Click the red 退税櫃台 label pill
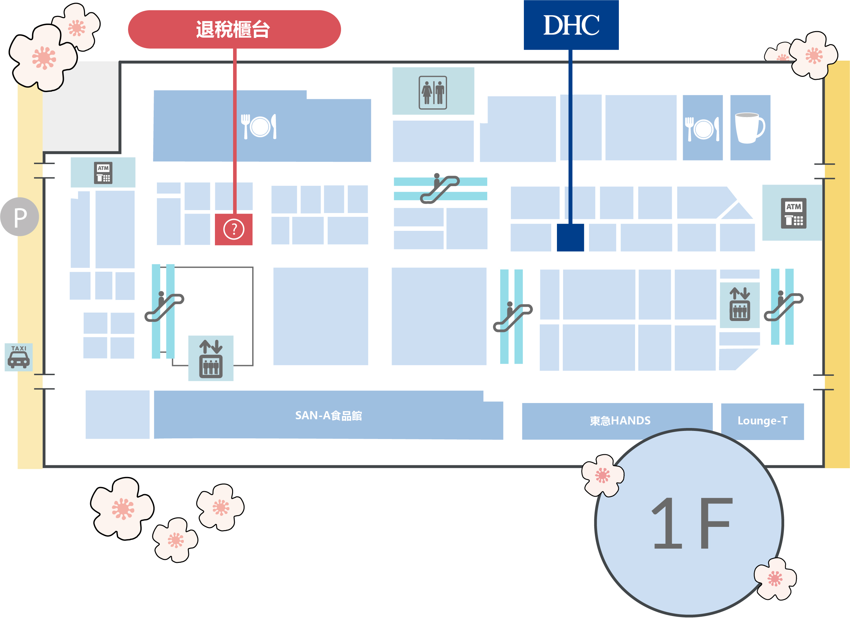click(x=234, y=29)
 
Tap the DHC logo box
click(x=571, y=25)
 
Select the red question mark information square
click(x=233, y=229)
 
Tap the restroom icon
click(x=433, y=92)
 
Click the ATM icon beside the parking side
click(x=103, y=173)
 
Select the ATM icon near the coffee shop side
click(x=793, y=213)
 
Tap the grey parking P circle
click(x=19, y=217)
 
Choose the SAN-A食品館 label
click(x=328, y=416)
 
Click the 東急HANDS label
click(x=620, y=421)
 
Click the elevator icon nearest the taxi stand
click(x=211, y=359)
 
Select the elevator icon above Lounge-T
click(x=739, y=304)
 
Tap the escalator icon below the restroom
click(x=440, y=188)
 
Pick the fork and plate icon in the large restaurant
click(x=259, y=126)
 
